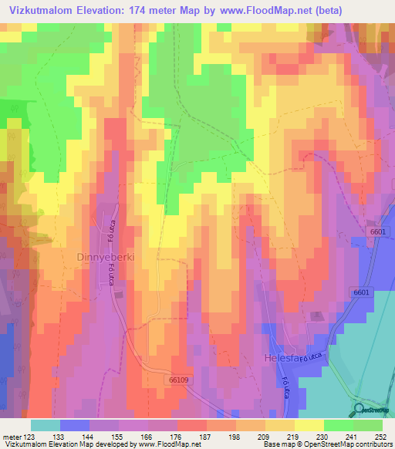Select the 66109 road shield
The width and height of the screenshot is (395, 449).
(178, 380)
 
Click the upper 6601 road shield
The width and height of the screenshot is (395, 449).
(377, 231)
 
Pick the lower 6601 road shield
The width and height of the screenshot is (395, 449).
(362, 292)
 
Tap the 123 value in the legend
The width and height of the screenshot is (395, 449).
(30, 436)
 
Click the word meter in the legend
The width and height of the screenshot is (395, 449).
(11, 436)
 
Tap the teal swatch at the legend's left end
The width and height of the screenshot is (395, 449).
(46, 425)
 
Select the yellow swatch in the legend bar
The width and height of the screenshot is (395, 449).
(309, 425)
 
